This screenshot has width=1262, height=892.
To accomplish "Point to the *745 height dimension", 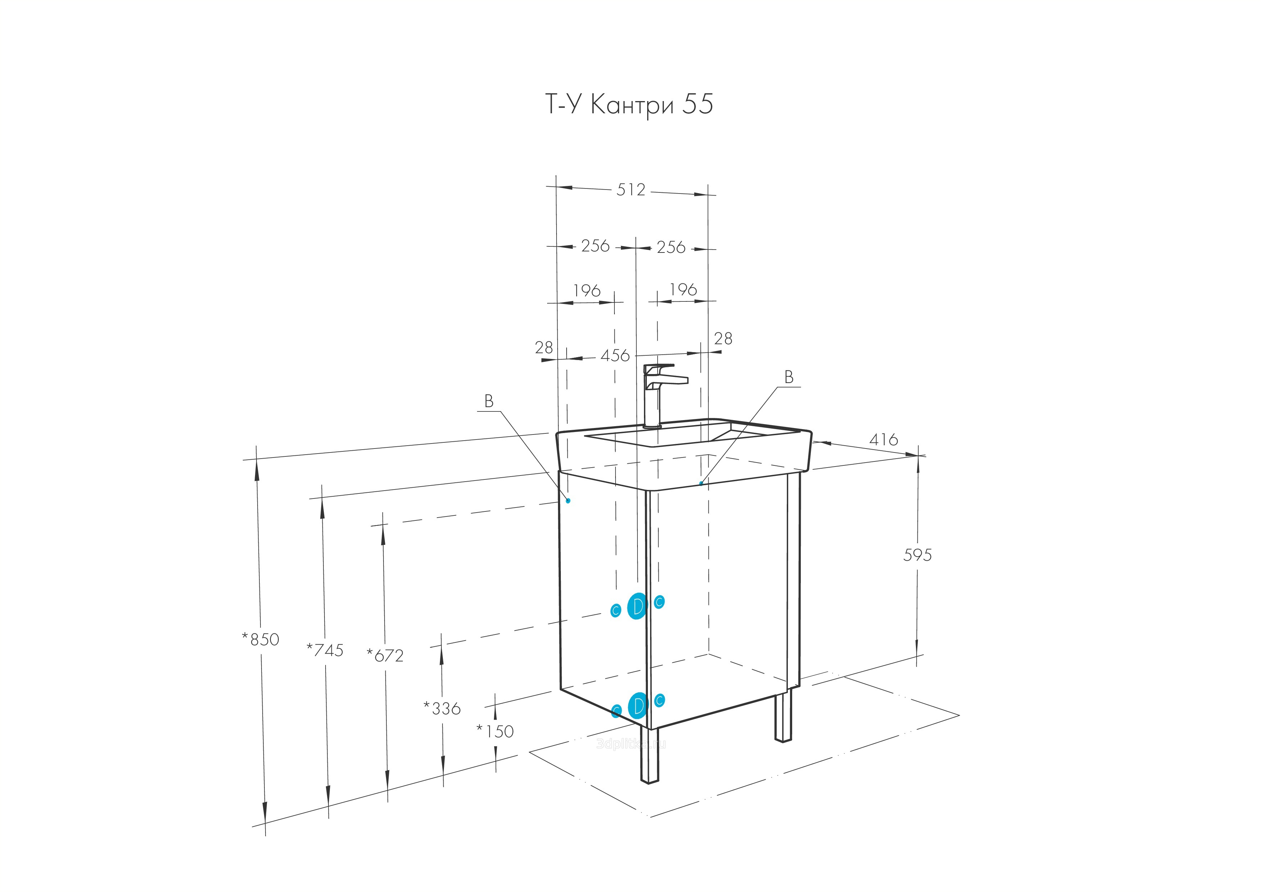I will (x=325, y=650).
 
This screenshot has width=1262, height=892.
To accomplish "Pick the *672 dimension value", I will (x=385, y=655).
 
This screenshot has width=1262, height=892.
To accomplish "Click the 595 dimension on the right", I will (x=917, y=555).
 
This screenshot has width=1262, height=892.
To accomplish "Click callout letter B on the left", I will (x=489, y=402).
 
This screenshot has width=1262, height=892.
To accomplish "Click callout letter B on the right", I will (x=789, y=377).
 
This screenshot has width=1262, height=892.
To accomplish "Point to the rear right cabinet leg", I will (x=783, y=717).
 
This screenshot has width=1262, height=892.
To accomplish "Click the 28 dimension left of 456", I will (x=544, y=347).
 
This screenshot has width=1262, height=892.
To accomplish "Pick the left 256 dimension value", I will (x=595, y=246).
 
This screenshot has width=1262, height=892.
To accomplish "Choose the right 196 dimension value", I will (x=683, y=290).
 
